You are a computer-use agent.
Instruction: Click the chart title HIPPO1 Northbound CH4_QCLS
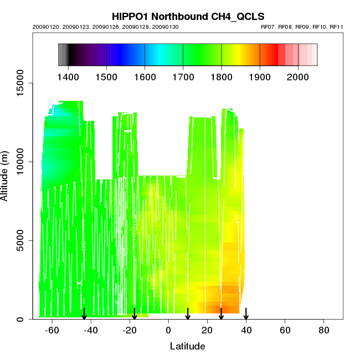tap(179, 16)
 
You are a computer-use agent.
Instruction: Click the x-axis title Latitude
tap(187, 346)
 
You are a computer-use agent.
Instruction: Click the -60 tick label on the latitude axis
tap(52, 330)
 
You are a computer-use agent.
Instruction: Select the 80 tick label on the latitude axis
tap(323, 330)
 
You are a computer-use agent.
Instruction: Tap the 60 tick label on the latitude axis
tap(285, 330)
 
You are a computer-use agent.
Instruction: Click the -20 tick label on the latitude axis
tap(130, 330)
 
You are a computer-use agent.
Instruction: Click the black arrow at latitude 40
tap(246, 313)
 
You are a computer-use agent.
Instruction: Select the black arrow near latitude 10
tap(188, 313)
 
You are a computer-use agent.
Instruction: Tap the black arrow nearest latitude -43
tap(84, 313)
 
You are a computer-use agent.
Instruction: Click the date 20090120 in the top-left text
tap(43, 27)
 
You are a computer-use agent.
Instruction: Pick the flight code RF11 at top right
tap(337, 27)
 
